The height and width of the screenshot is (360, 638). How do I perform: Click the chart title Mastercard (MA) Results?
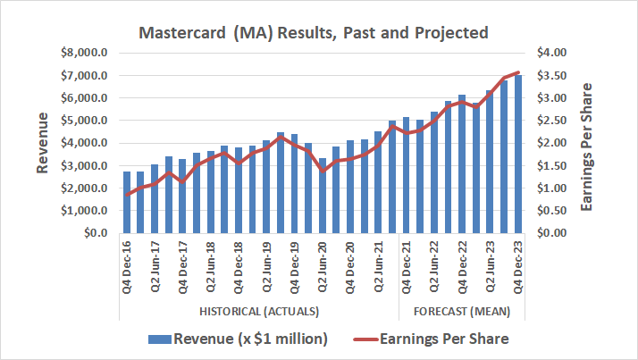(x=313, y=33)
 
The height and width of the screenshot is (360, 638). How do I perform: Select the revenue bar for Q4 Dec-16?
(x=128, y=202)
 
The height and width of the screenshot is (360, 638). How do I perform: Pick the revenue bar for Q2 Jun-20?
(x=323, y=196)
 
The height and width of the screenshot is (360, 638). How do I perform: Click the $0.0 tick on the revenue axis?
(x=94, y=233)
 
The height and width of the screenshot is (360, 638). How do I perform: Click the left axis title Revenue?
(x=42, y=143)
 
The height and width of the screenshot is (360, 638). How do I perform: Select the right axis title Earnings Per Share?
(x=587, y=143)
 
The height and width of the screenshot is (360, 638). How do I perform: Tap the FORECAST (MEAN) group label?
(x=461, y=311)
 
